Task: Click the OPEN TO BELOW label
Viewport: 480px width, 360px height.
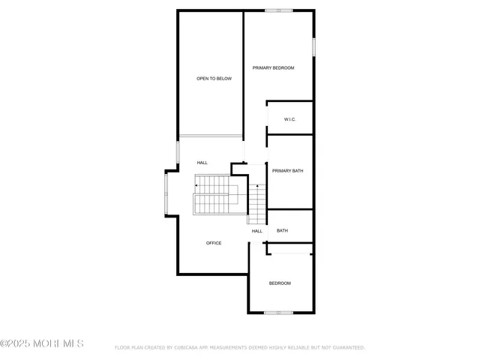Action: pos(214,78)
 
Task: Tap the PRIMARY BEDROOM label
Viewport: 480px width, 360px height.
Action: pos(273,68)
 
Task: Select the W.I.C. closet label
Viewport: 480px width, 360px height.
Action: pos(290,120)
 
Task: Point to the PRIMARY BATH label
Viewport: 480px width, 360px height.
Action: pos(287,171)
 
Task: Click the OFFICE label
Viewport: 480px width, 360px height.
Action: pos(214,243)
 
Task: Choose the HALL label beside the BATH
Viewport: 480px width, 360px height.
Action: pos(257,231)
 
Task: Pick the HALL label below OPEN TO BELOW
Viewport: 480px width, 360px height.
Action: pos(202,163)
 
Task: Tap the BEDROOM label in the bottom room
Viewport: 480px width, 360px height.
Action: pos(280,283)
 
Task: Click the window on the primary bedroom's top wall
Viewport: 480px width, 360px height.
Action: pos(279,10)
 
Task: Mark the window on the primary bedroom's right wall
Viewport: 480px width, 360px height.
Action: pos(313,46)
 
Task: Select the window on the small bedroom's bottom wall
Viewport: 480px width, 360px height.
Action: pos(278,312)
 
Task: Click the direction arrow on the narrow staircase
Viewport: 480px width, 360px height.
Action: pos(257,187)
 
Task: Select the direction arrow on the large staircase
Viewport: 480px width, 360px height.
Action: pos(197,185)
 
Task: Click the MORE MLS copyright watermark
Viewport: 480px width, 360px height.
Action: pos(42,343)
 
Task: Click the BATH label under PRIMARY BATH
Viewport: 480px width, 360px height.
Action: pos(282,230)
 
